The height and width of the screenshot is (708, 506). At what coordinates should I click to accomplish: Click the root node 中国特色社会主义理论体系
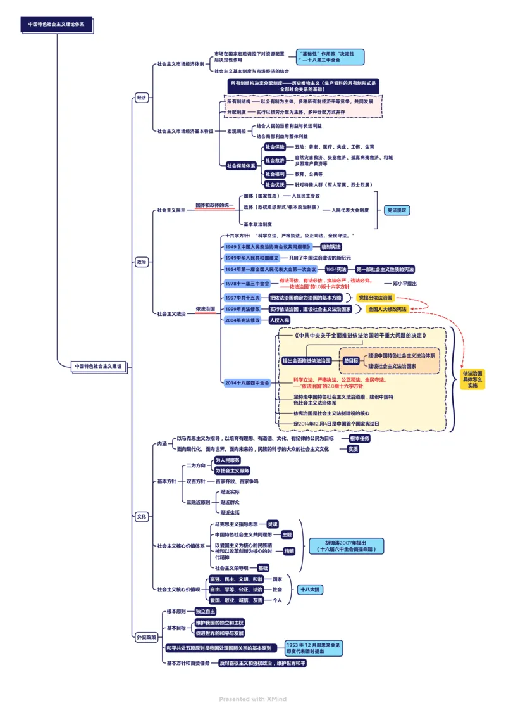(56, 24)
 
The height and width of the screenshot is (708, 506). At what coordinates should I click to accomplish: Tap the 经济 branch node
(141, 98)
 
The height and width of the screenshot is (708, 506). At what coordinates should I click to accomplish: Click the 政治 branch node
(141, 262)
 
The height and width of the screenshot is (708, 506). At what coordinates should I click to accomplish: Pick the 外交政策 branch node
(146, 636)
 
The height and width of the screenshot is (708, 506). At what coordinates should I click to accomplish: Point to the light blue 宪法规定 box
(397, 210)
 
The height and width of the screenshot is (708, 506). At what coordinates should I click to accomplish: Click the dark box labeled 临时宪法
(330, 246)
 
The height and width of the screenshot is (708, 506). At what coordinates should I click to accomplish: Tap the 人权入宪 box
(279, 320)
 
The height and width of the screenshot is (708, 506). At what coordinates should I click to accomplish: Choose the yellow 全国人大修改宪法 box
(387, 309)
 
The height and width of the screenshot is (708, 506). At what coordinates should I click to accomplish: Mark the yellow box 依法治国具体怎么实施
(472, 379)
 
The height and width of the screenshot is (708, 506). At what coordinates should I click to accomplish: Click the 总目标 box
(350, 360)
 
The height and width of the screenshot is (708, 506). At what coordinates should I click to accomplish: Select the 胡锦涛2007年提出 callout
(346, 546)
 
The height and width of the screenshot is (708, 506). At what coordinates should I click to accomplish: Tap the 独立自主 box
(206, 612)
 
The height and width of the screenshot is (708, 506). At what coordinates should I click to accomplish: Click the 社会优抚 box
(275, 184)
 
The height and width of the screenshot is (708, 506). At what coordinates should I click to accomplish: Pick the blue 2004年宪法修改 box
(242, 320)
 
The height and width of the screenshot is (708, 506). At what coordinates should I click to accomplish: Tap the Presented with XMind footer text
(253, 699)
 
